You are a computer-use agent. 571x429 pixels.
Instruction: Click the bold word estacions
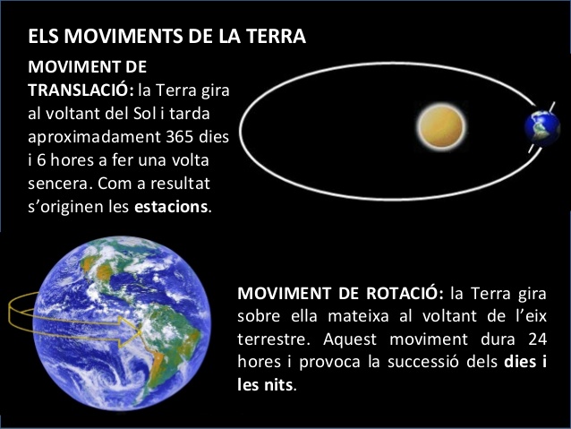click(171, 207)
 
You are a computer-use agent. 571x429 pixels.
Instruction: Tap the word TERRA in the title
click(278, 38)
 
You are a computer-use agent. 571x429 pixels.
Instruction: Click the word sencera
click(59, 184)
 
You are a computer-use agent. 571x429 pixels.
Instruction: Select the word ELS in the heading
click(42, 38)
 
